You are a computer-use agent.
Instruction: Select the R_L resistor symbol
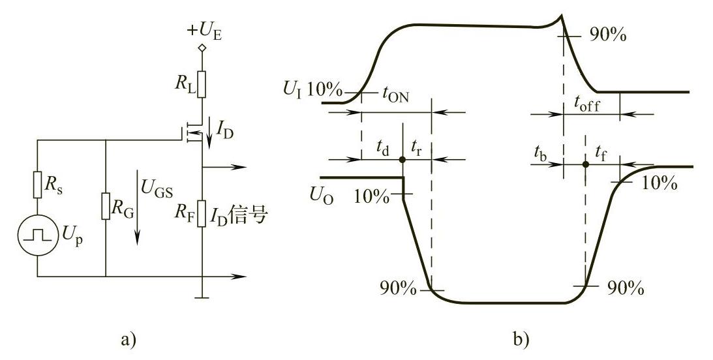coord(203,83)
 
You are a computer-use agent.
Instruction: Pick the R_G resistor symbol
coord(105,207)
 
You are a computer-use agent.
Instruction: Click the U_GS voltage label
coord(155,187)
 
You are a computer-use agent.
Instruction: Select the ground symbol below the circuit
coord(203,298)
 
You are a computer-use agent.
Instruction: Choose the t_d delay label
coord(383,149)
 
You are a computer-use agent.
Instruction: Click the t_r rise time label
coord(416,149)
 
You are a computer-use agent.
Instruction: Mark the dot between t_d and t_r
coord(402,160)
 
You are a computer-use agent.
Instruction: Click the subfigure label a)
coord(126,340)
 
